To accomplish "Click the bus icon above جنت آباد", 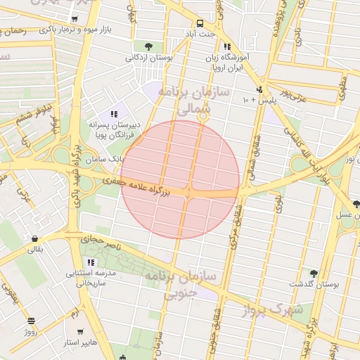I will coord(200,22).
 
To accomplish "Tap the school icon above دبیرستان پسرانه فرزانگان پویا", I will coord(112,114).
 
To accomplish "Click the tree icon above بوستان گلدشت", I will coord(313,274).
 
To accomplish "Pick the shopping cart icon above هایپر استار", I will coord(79,332).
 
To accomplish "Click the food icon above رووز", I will coord(31,321).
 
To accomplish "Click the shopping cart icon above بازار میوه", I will coord(75,20).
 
